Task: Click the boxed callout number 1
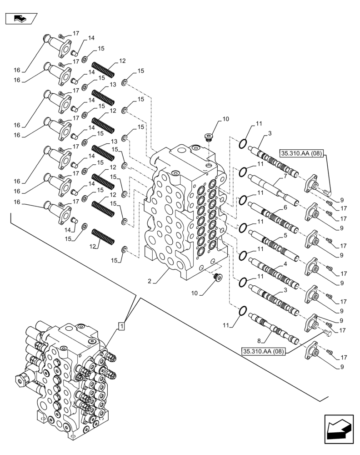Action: click(x=122, y=326)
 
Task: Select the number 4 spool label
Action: click(x=285, y=263)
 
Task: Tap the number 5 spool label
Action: click(x=285, y=236)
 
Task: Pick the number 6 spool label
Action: click(x=285, y=207)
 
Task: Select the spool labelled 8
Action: click(x=275, y=329)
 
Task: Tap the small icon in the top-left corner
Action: click(x=21, y=19)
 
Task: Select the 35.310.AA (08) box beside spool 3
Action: click(x=301, y=153)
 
